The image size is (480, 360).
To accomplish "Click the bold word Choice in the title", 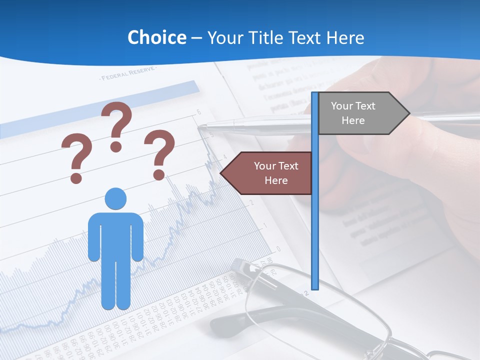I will click(x=156, y=37).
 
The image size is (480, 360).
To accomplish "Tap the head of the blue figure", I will click(x=115, y=198).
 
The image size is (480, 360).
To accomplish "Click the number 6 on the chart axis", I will click(x=198, y=112).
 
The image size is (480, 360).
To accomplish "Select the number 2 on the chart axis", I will click(x=253, y=203).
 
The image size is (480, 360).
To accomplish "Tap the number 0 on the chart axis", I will click(x=278, y=249).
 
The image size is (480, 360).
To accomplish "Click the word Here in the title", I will click(x=345, y=37).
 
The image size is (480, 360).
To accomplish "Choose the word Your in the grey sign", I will click(x=342, y=106).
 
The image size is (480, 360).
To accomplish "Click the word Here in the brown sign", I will click(x=276, y=180).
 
